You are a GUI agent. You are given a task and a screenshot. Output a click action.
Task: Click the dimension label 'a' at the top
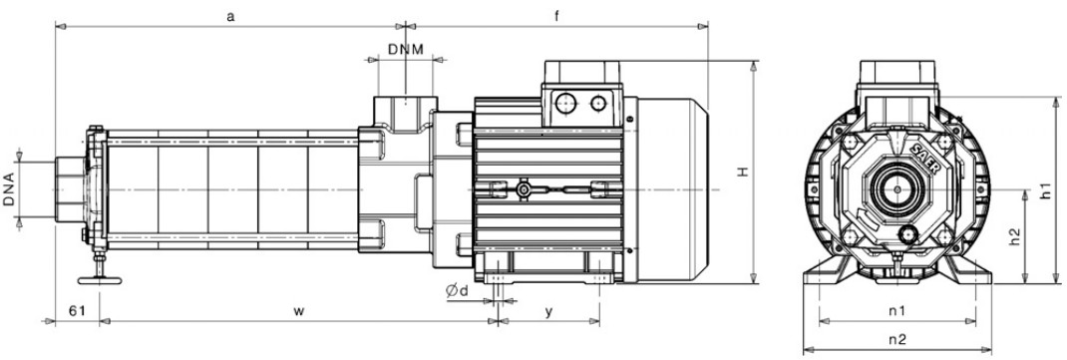(230, 17)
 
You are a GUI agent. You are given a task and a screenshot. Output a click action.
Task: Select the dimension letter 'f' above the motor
(556, 16)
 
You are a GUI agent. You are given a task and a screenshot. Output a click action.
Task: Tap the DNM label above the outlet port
(406, 49)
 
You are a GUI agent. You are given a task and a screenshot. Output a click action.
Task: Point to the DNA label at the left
(9, 190)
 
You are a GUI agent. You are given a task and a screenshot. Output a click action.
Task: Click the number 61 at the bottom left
(77, 311)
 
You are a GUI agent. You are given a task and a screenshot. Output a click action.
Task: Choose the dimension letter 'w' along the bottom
(299, 312)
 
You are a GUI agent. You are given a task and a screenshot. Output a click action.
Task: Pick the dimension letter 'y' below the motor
(548, 312)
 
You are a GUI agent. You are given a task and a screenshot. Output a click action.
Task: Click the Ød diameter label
(458, 291)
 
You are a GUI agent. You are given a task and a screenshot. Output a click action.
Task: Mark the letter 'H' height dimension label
(743, 173)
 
